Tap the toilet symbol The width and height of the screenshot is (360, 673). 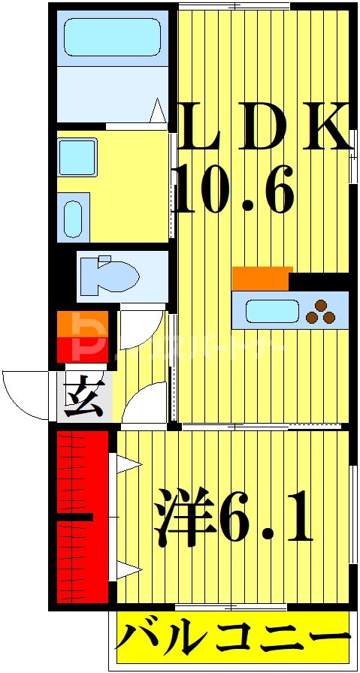(x=110, y=275)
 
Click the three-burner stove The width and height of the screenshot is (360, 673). (x=322, y=311)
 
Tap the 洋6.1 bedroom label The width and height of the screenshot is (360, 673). (x=234, y=519)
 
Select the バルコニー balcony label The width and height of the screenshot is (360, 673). (x=233, y=639)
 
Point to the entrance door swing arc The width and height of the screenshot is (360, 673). (x=24, y=391)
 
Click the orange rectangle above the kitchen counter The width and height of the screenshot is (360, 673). (x=262, y=278)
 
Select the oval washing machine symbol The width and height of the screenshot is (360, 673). (x=73, y=219)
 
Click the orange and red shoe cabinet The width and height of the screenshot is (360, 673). (x=83, y=336)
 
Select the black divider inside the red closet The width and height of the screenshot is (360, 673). (x=74, y=517)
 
